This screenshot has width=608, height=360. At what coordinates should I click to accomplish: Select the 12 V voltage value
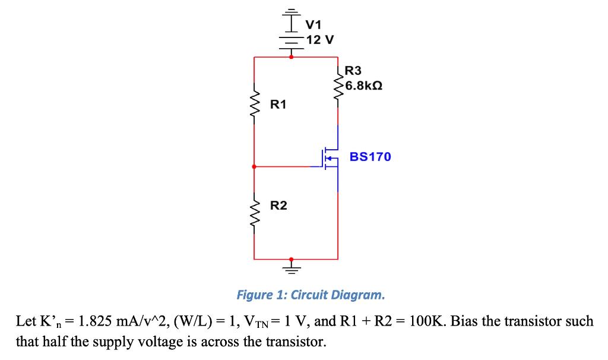point(321,40)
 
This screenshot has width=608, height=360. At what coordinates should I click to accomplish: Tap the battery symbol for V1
point(291,30)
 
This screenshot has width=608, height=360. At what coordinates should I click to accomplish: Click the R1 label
point(278,105)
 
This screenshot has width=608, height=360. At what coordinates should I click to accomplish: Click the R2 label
point(278,206)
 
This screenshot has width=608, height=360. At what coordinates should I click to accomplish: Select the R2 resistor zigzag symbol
point(255,206)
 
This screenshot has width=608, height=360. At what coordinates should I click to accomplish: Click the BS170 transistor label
point(370,157)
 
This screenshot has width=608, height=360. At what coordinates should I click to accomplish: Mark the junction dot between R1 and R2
point(255,167)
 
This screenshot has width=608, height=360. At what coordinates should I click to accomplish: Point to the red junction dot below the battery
point(291,57)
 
